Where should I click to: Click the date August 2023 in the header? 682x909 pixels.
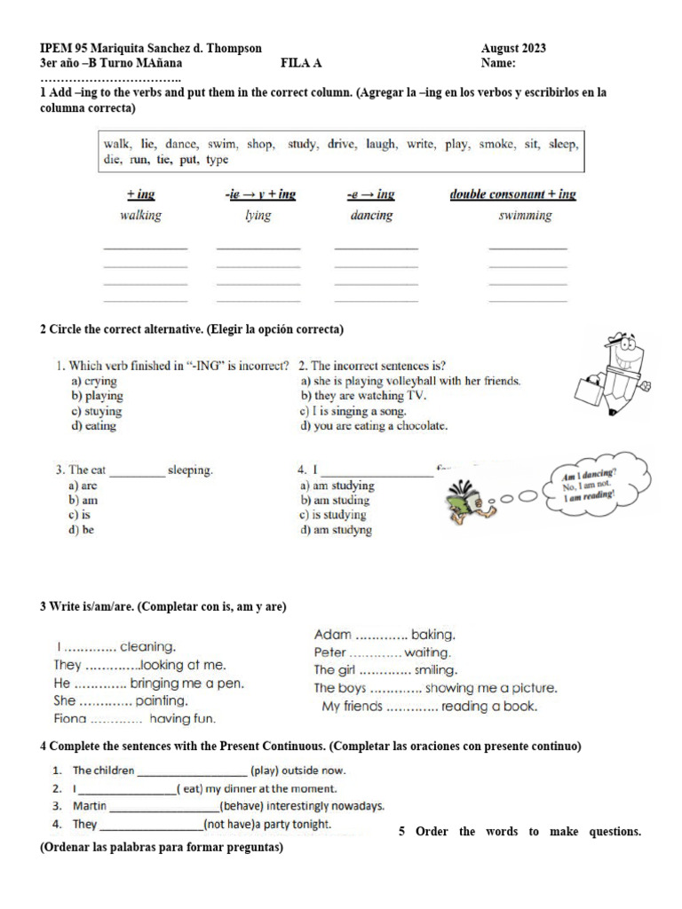pyautogui.click(x=513, y=48)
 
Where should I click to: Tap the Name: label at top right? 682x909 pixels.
pyautogui.click(x=499, y=63)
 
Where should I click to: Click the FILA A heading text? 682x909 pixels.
pyautogui.click(x=301, y=63)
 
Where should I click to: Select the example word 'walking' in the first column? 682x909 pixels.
pyautogui.click(x=139, y=216)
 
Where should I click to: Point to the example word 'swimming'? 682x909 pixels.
pyautogui.click(x=525, y=216)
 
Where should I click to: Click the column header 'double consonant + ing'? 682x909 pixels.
pyautogui.click(x=512, y=194)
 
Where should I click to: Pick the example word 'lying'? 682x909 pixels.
pyautogui.click(x=258, y=216)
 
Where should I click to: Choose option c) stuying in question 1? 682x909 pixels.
pyautogui.click(x=97, y=411)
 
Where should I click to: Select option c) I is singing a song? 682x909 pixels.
pyautogui.click(x=353, y=411)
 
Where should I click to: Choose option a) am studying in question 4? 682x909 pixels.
pyautogui.click(x=337, y=486)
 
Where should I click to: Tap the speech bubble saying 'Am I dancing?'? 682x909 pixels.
pyautogui.click(x=591, y=486)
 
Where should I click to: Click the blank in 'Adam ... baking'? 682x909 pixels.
pyautogui.click(x=381, y=636)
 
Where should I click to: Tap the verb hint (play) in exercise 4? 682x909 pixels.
pyautogui.click(x=267, y=771)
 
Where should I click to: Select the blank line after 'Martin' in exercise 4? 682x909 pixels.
pyautogui.click(x=163, y=807)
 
